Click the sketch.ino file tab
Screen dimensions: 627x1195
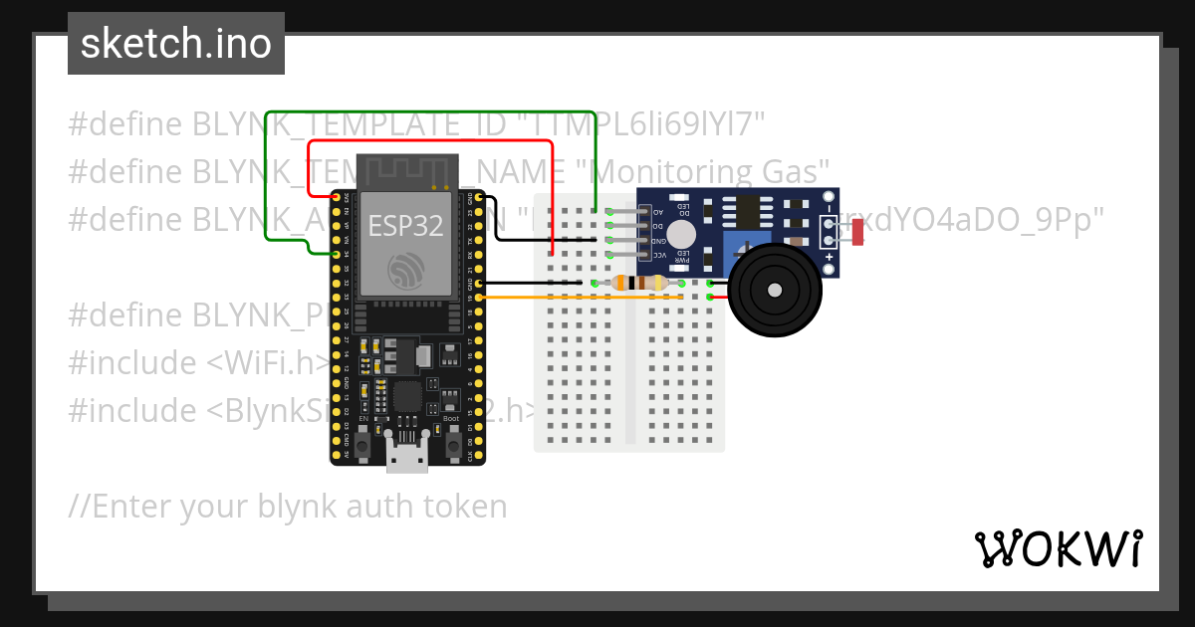coord(175,44)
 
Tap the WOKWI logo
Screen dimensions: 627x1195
coord(1057,548)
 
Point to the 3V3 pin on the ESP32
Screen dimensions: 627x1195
coord(337,198)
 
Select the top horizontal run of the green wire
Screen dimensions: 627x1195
coord(428,112)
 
